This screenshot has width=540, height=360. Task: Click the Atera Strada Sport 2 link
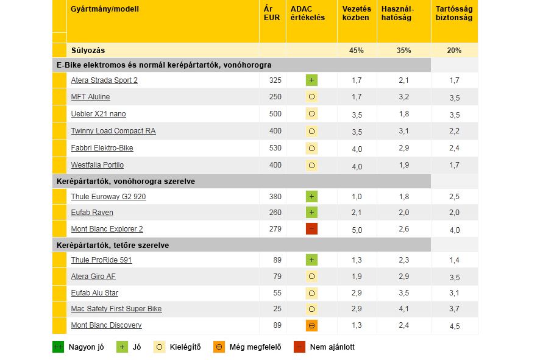tap(104, 80)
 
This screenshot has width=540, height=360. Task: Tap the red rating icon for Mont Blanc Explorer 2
tap(311, 229)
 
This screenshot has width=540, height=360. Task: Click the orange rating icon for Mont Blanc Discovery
tap(311, 325)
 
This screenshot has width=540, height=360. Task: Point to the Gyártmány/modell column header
tap(105, 10)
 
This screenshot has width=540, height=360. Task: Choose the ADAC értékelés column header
tap(308, 13)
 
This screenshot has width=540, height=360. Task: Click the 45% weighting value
tap(357, 51)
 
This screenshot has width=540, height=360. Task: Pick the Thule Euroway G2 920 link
tap(108, 197)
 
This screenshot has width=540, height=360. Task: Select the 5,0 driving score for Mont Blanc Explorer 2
tap(357, 230)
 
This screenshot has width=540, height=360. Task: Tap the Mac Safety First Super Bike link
tap(116, 309)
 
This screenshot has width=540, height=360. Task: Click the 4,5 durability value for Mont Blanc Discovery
tap(454, 326)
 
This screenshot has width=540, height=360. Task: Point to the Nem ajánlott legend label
tap(332, 347)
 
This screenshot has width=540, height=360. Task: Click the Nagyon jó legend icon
tap(58, 347)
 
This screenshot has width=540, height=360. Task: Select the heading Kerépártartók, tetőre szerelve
tap(113, 245)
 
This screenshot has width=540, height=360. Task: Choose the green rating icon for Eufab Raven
tap(311, 213)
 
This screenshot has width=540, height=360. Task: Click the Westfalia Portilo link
tap(98, 165)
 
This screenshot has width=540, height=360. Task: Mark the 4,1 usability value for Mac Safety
tap(403, 309)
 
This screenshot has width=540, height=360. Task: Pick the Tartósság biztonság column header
tap(454, 13)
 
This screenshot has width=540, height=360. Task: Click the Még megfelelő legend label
tap(255, 347)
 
